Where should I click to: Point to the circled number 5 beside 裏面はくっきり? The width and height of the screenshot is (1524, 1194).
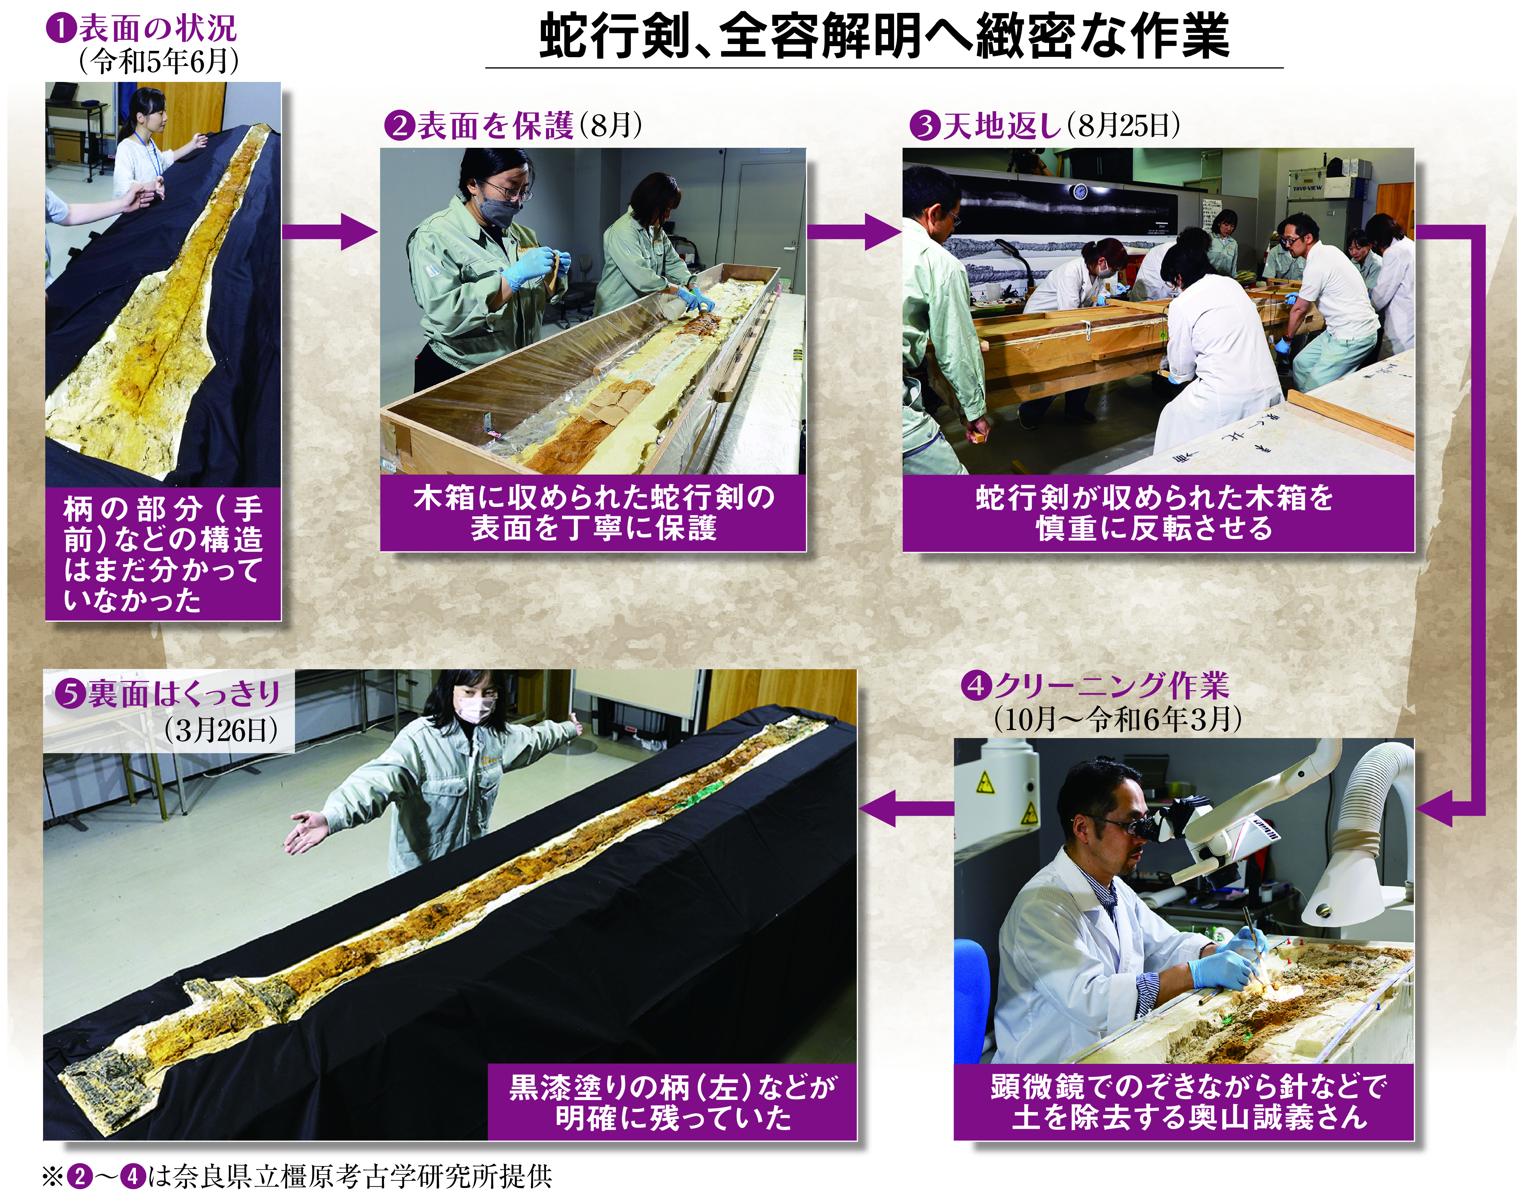(x=70, y=694)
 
